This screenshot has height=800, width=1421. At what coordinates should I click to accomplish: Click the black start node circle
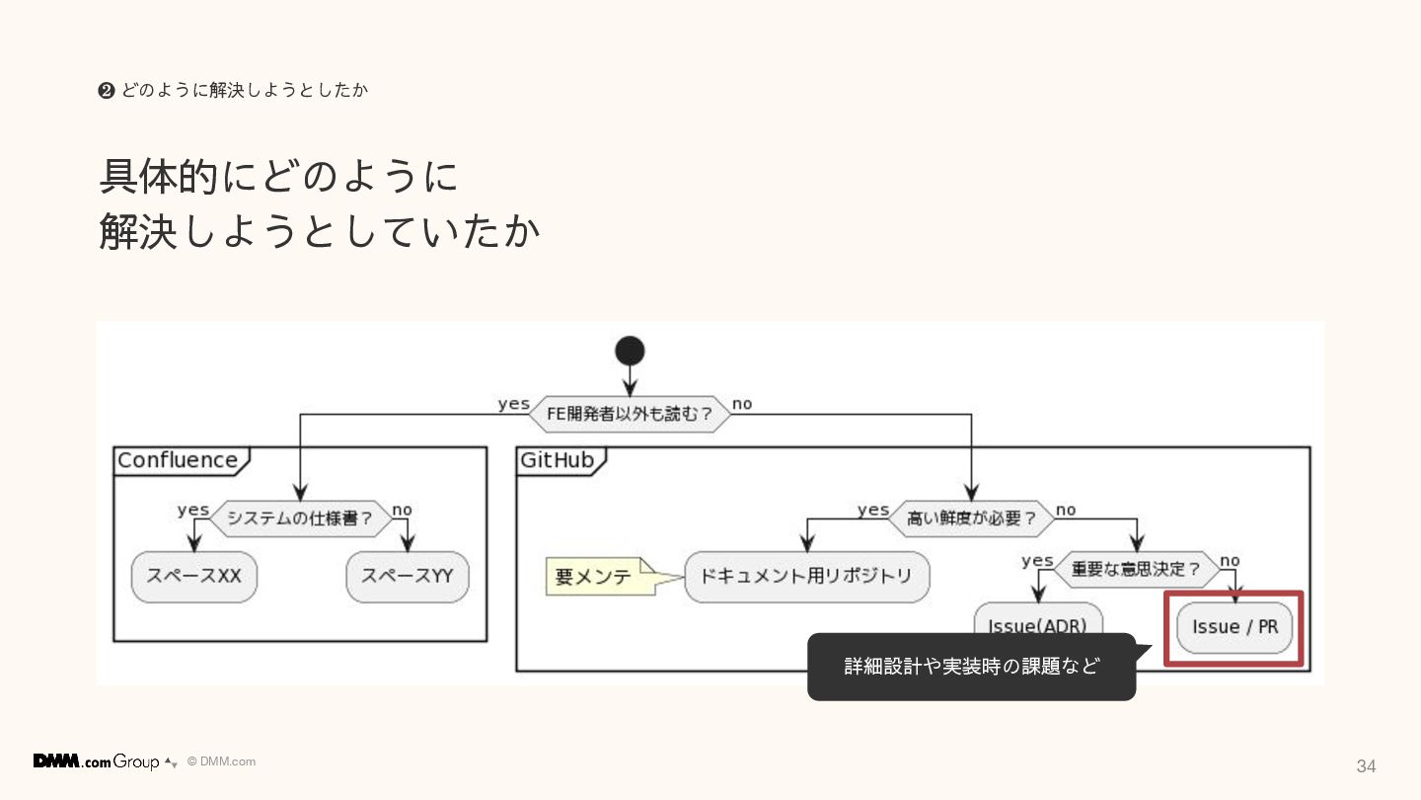630,351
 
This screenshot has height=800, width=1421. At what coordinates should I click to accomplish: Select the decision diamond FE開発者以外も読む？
630,414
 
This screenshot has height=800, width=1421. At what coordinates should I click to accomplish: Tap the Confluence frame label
178,460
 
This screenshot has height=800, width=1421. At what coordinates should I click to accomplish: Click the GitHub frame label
558,460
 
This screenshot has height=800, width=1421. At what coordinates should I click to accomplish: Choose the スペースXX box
193,576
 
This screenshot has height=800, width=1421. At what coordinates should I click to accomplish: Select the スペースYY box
407,576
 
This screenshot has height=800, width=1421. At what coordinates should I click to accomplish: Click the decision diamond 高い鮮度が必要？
972,518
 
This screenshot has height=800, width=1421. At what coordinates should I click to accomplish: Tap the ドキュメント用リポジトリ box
806,576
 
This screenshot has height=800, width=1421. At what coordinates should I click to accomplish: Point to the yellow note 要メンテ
593,577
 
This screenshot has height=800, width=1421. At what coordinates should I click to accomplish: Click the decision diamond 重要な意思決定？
1137,569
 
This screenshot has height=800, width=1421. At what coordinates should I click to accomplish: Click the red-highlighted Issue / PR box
1234,627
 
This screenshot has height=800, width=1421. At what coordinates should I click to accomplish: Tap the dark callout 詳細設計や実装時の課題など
971,667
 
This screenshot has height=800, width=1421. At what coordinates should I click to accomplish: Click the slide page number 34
1366,766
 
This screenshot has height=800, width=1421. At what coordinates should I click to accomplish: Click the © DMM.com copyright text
221,761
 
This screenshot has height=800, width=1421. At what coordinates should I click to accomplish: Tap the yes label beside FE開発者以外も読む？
513,404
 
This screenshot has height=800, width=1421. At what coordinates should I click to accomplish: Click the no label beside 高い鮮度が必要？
1066,510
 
